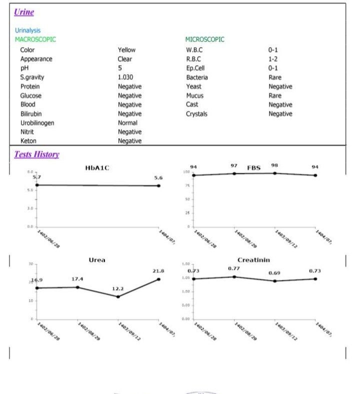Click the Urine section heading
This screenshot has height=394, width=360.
(x=24, y=12)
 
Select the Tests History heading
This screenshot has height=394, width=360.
(x=36, y=154)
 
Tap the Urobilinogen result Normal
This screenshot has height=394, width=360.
(x=127, y=123)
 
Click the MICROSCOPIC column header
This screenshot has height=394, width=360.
(x=204, y=40)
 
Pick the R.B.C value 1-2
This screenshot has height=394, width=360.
(x=272, y=59)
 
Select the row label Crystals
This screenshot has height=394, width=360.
(x=196, y=114)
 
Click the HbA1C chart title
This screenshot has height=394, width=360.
(x=97, y=168)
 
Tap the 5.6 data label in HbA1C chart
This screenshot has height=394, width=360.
(x=158, y=178)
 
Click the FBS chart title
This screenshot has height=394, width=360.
(x=254, y=168)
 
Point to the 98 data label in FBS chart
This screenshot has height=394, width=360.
(x=274, y=165)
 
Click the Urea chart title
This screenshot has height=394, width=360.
(x=96, y=260)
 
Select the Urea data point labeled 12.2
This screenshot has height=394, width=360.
(x=118, y=296)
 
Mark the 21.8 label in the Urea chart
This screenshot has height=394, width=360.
(x=158, y=271)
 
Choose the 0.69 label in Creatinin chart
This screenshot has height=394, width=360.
(x=274, y=273)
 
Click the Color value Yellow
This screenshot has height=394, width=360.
(x=126, y=50)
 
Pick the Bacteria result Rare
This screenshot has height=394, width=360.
(x=274, y=78)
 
